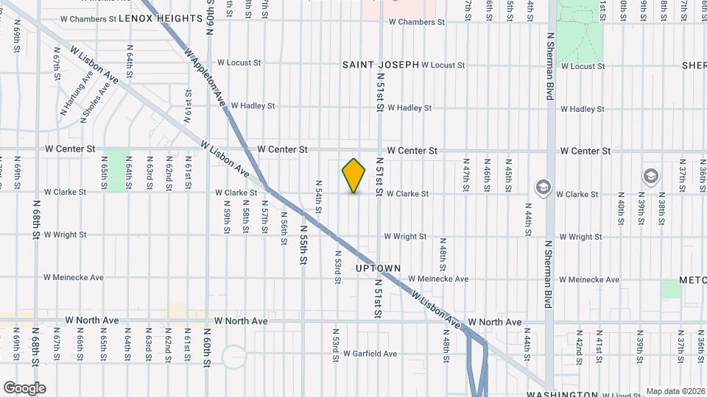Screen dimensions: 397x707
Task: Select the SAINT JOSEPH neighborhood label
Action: tap(381, 65)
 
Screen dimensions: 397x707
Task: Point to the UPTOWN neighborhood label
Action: tap(379, 268)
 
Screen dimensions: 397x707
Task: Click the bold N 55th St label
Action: tap(303, 245)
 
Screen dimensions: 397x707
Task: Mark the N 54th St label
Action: tap(319, 196)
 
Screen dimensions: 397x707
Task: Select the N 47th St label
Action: tap(466, 174)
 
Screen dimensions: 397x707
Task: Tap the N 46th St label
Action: tap(487, 174)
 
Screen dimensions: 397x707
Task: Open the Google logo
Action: tap(24, 388)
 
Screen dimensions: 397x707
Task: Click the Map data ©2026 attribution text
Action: tap(675, 391)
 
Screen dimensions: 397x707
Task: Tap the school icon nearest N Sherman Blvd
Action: tap(544, 187)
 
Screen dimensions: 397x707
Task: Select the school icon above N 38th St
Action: tap(650, 176)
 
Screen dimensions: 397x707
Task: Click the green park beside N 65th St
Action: tap(116, 171)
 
